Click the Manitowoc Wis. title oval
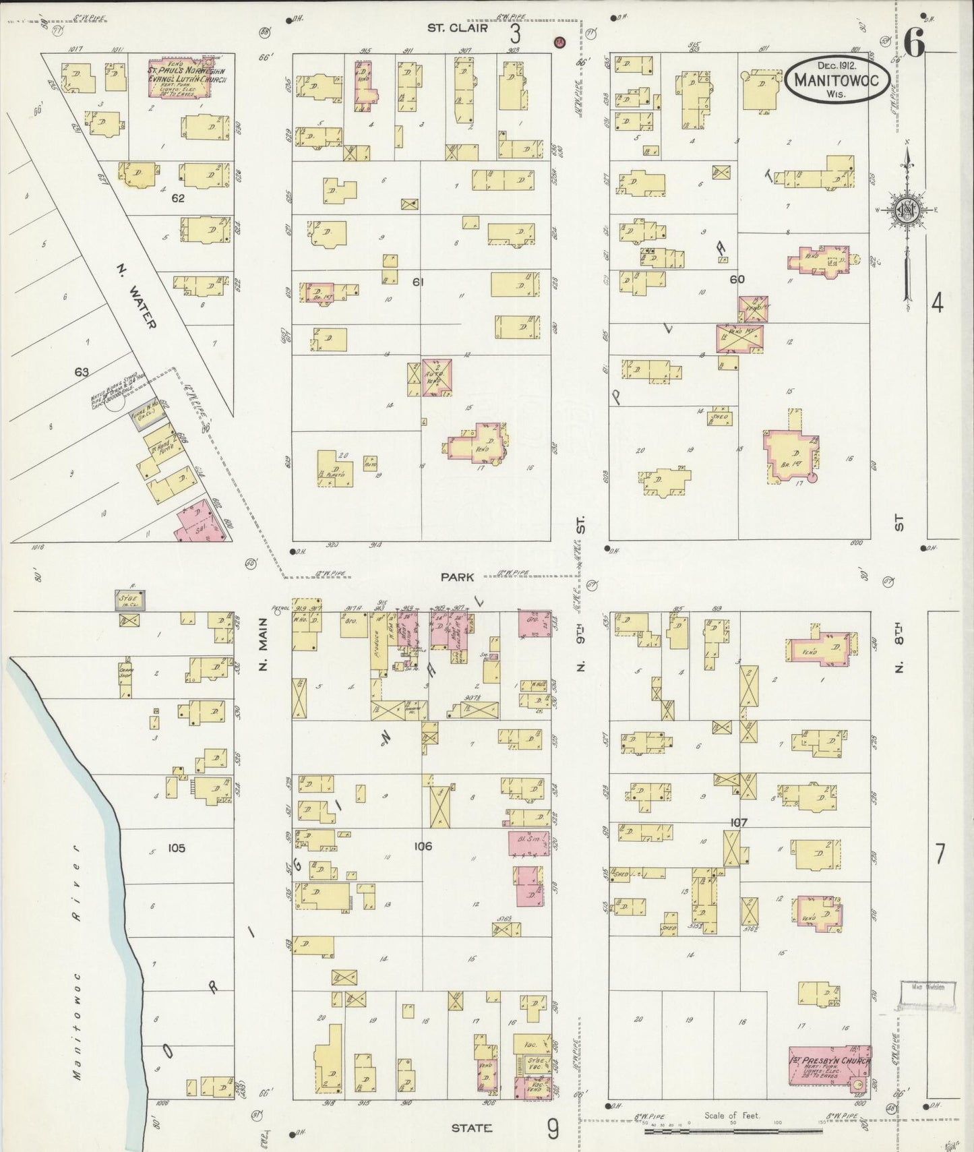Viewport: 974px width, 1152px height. [x=836, y=80]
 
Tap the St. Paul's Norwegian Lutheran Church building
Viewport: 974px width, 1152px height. [x=187, y=80]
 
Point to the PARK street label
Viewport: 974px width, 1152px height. [x=458, y=577]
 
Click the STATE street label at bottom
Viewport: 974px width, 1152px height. [x=471, y=1128]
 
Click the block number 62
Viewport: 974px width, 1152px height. [x=178, y=198]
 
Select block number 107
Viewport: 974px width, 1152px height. [x=739, y=822]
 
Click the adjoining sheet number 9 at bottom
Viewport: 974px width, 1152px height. [x=552, y=1128]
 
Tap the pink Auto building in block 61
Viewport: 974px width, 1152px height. [x=437, y=375]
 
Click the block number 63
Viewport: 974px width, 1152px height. [x=82, y=371]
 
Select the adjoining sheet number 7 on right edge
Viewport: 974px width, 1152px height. [x=939, y=853]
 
